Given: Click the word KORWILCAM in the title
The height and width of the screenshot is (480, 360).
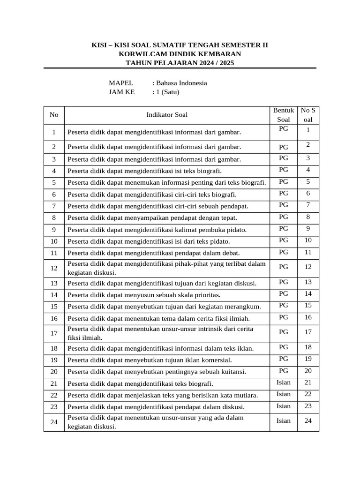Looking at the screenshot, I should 140,54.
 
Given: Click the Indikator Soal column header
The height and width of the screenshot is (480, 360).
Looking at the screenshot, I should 167,114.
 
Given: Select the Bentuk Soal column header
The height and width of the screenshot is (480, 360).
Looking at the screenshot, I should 283,115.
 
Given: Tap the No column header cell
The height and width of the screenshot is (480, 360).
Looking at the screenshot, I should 54,114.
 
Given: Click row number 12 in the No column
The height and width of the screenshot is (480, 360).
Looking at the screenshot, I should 54,268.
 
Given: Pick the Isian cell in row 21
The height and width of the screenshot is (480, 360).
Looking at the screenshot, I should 283,382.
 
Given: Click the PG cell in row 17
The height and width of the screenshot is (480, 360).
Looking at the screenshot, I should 283,332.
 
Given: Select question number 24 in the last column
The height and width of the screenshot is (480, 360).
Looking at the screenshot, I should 308,420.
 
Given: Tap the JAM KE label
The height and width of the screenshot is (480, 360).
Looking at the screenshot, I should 121,92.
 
